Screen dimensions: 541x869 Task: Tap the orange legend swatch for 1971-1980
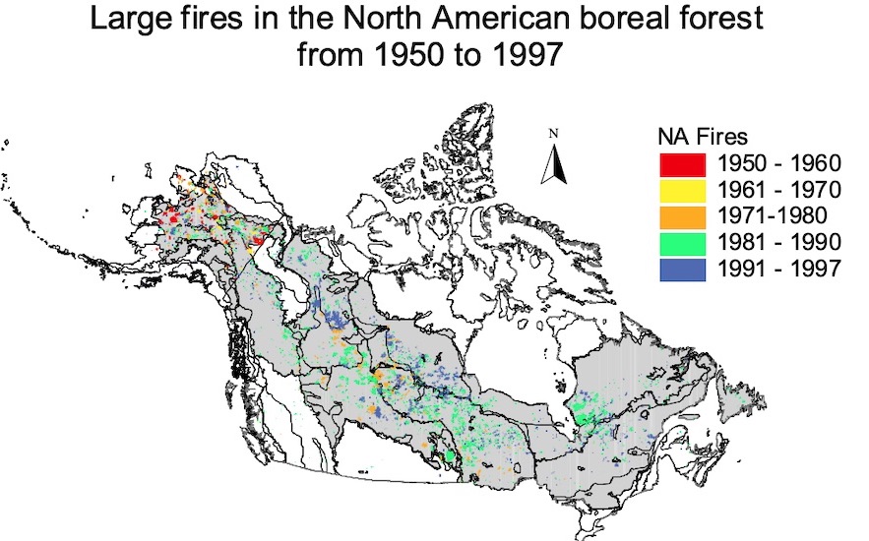pos(681,215)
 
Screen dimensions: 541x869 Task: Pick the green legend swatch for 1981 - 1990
pos(681,242)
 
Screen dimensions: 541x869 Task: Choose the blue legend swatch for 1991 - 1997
pos(681,268)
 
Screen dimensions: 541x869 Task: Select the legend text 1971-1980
pos(773,215)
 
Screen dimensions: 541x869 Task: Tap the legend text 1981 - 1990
pos(776,242)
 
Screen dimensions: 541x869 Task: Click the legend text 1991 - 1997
pos(776,268)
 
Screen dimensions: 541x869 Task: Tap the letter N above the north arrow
pos(554,134)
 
